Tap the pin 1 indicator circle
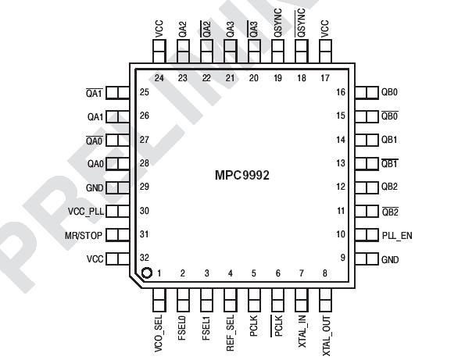[x=146, y=273]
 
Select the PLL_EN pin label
[x=396, y=234]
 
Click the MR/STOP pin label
[x=83, y=235]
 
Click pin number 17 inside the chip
[x=324, y=78]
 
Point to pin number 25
[x=145, y=92]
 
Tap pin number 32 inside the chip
[x=145, y=258]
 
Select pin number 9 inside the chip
[x=342, y=258]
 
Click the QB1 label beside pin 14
[x=389, y=140]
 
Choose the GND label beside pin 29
[x=95, y=187]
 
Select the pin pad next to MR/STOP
[x=116, y=235]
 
